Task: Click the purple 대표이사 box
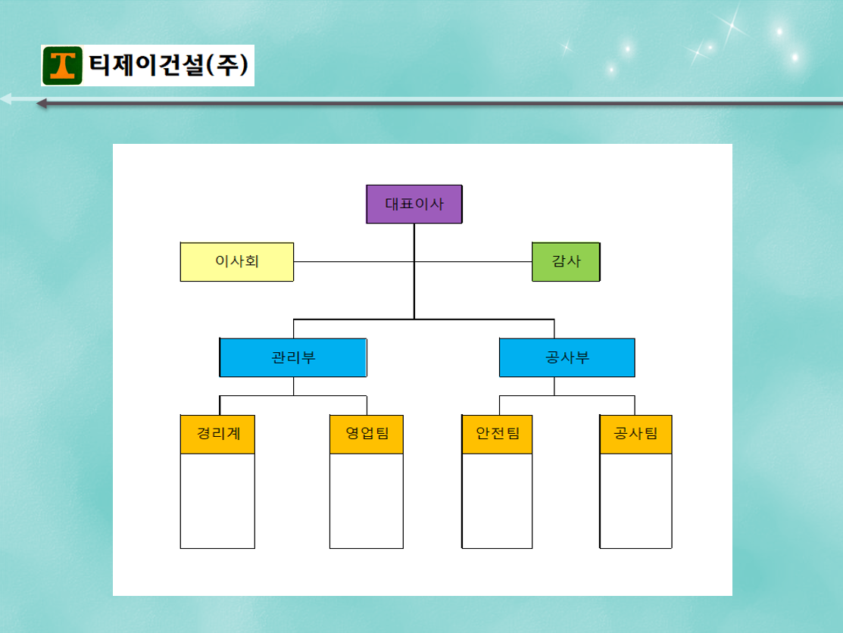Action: pyautogui.click(x=414, y=204)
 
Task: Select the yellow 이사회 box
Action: pyautogui.click(x=237, y=262)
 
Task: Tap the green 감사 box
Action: pyautogui.click(x=566, y=262)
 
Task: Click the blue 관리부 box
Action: pyautogui.click(x=293, y=357)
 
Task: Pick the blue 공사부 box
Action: pyautogui.click(x=567, y=357)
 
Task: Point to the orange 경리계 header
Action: pyautogui.click(x=217, y=434)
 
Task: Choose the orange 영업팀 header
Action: pyautogui.click(x=367, y=434)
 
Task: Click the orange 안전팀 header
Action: pyautogui.click(x=498, y=434)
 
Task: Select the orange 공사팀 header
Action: pyautogui.click(x=636, y=434)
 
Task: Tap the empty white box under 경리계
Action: pyautogui.click(x=217, y=501)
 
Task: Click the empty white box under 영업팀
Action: pyautogui.click(x=367, y=501)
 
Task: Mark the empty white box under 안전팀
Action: pyautogui.click(x=498, y=501)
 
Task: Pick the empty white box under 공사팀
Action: pyautogui.click(x=636, y=501)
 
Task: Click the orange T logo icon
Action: pyautogui.click(x=62, y=66)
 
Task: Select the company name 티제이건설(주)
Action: pyautogui.click(x=168, y=65)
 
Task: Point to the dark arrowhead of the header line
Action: pyautogui.click(x=42, y=104)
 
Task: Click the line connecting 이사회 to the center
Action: pyautogui.click(x=354, y=262)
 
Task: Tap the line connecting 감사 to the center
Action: pyautogui.click(x=473, y=262)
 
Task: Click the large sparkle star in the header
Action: pyautogui.click(x=732, y=24)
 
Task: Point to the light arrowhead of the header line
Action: pyautogui.click(x=6, y=99)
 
